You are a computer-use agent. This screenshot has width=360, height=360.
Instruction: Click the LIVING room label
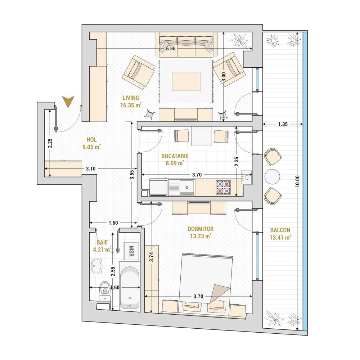click(131, 98)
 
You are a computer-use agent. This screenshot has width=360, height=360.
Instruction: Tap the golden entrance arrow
click(68, 101)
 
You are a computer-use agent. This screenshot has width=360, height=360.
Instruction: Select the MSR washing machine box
click(131, 251)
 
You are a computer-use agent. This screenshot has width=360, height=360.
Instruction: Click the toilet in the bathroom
click(105, 291)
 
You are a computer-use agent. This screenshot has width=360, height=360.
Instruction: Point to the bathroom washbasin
click(96, 266)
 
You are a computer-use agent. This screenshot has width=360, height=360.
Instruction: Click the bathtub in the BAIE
click(130, 288)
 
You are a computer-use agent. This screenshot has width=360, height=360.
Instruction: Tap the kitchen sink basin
click(187, 187)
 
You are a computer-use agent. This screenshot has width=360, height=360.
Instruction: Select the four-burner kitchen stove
click(223, 187)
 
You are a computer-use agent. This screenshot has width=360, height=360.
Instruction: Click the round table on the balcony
click(272, 176)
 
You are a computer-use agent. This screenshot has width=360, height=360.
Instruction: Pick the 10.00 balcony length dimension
click(297, 181)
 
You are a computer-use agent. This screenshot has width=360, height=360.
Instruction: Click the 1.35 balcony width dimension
click(283, 124)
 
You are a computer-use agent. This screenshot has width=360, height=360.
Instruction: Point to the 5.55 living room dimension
click(171, 49)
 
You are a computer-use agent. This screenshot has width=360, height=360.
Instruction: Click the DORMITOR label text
click(201, 229)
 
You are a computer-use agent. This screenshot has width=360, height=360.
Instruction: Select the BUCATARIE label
click(175, 156)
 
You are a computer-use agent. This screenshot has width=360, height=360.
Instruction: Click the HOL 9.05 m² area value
click(91, 147)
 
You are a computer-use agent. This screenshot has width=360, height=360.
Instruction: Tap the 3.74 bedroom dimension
click(151, 257)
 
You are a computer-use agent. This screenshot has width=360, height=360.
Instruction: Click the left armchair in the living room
click(139, 72)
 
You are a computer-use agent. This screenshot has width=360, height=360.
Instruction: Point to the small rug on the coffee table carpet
click(186, 81)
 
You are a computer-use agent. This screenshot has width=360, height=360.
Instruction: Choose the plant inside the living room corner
click(239, 40)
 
